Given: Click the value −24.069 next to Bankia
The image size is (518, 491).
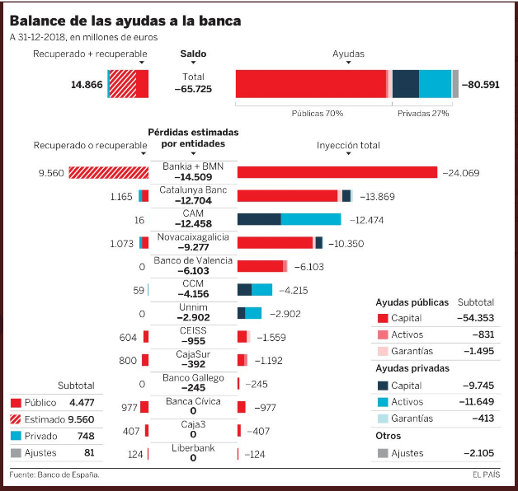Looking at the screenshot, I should [461, 173].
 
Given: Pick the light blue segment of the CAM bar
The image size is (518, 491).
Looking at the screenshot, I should [310, 219].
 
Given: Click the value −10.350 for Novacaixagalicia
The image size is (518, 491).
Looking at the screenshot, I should [346, 243].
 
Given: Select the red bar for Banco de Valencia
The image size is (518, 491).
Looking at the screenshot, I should [260, 266].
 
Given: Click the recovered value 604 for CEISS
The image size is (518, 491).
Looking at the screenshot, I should [128, 337].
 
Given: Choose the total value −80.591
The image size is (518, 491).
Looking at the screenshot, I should [482, 84].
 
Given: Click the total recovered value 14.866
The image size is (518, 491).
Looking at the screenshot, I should [87, 84].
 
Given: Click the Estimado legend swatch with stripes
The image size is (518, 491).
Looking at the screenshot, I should [16, 419].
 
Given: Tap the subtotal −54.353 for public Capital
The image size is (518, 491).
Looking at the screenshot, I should [476, 318].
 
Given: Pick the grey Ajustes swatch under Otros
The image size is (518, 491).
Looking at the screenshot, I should [382, 453].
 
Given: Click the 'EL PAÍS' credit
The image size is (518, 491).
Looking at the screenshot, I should [487, 475].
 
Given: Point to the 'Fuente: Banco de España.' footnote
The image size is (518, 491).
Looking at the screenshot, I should [54, 475].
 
